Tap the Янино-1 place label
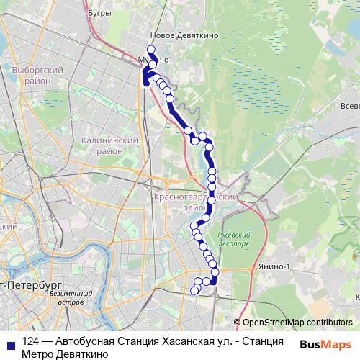tap(276, 267)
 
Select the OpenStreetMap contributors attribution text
tap(297, 323)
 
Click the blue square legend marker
tap(9, 343)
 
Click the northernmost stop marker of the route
tap(150, 49)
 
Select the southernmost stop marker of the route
tap(194, 291)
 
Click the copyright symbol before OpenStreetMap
tap(237, 323)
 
